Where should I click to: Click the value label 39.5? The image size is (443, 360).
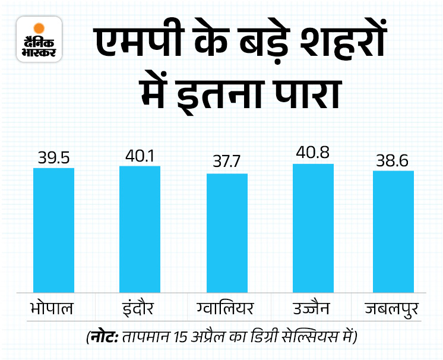pyautogui.click(x=53, y=158)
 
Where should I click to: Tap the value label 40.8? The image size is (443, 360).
pyautogui.click(x=313, y=153)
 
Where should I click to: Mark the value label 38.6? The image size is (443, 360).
pyautogui.click(x=393, y=160)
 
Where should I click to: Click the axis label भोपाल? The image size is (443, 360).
pyautogui.click(x=53, y=310)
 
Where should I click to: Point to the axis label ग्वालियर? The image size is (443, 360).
pyautogui.click(x=226, y=310)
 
